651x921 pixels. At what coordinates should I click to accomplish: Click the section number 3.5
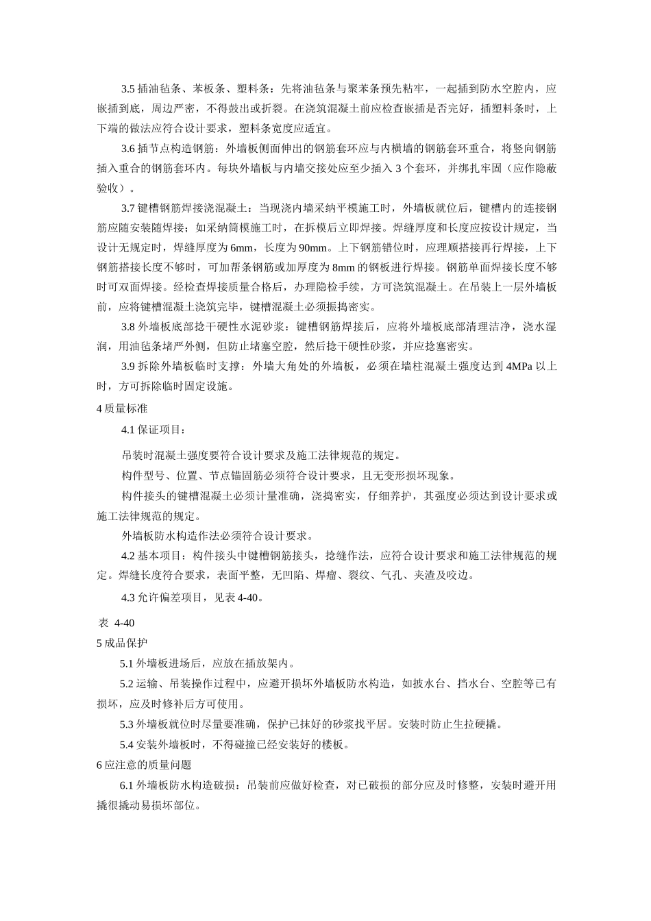tap(128, 89)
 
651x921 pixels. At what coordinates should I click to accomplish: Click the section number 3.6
tap(128, 149)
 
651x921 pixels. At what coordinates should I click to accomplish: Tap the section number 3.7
tap(128, 208)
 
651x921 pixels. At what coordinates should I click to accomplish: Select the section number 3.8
tap(128, 327)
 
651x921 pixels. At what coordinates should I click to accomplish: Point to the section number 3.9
tap(128, 367)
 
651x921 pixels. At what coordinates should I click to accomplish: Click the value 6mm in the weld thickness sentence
tap(242, 247)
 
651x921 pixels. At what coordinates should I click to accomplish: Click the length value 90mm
tap(317, 247)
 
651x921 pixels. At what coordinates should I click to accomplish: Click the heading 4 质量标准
tap(123, 408)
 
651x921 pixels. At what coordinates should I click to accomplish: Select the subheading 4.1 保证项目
tap(152, 430)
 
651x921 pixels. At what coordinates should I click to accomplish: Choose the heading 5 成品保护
tap(123, 643)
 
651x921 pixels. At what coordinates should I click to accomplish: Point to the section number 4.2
tap(128, 555)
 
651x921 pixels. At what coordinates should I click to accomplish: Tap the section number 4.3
tap(128, 597)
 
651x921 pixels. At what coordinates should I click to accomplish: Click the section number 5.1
tap(127, 663)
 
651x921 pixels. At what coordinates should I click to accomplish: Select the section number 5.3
tap(127, 724)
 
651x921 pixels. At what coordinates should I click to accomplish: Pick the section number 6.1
tap(127, 785)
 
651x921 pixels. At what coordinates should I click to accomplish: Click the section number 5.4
tap(127, 745)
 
